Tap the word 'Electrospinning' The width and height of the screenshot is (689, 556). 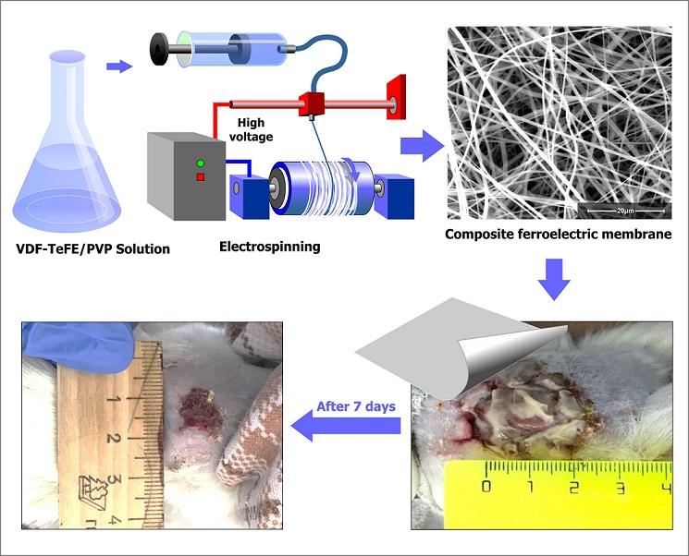271,248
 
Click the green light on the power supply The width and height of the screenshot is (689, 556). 198,164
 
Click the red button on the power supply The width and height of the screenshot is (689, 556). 198,176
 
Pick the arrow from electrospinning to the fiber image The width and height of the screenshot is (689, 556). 416,144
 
